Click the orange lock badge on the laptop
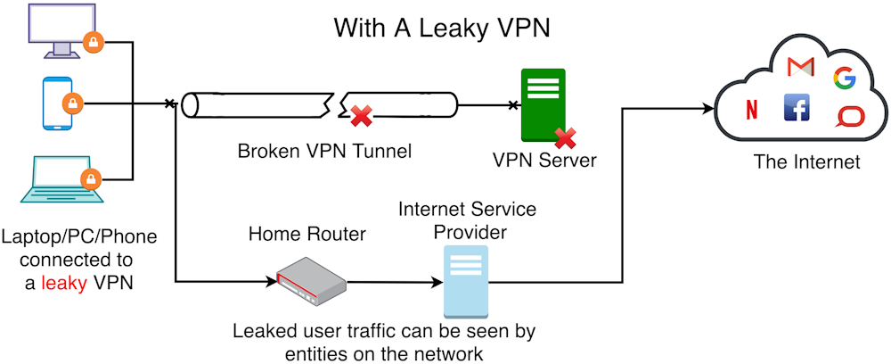(89, 179)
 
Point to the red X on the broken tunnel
(360, 116)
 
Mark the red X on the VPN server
(565, 137)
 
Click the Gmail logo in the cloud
(801, 66)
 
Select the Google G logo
(843, 79)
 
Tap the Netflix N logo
(751, 110)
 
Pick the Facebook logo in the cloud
(796, 108)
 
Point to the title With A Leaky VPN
(442, 28)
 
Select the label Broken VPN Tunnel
(324, 151)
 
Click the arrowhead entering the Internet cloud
(710, 107)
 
